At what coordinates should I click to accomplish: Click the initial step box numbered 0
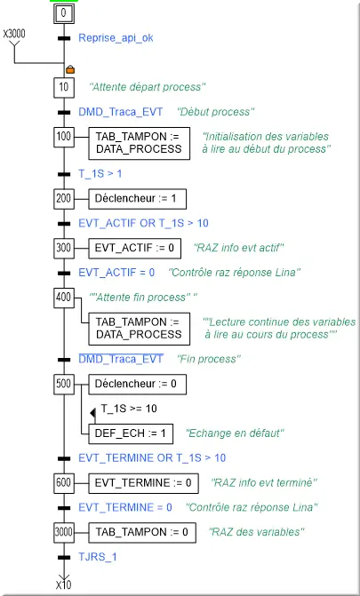coord(63,13)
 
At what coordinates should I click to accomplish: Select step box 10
coord(63,87)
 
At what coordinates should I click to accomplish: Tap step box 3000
coord(63,532)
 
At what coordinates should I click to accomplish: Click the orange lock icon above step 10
coord(70,69)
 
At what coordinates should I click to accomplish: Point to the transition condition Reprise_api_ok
coord(116,38)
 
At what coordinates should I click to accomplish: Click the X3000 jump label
coord(14,34)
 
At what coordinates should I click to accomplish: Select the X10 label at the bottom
coord(63,585)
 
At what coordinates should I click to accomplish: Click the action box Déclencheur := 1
coord(138,198)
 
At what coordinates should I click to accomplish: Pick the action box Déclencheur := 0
coord(138,384)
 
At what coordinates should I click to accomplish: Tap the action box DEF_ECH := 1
coord(131,433)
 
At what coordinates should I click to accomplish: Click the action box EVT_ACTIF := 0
coord(135,248)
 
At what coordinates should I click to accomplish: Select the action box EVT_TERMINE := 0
coord(143,482)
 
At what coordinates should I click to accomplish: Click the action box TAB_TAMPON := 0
coord(142,532)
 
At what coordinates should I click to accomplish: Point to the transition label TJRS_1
coord(98,557)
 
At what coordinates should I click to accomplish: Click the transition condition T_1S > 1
coord(100,174)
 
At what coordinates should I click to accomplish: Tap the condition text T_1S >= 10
coord(129,409)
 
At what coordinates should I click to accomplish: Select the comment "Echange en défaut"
coord(236,433)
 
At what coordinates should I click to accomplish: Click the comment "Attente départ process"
coord(148,87)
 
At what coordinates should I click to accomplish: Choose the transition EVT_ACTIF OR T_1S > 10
coord(143,223)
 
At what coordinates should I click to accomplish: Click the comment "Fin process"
coord(209,359)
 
